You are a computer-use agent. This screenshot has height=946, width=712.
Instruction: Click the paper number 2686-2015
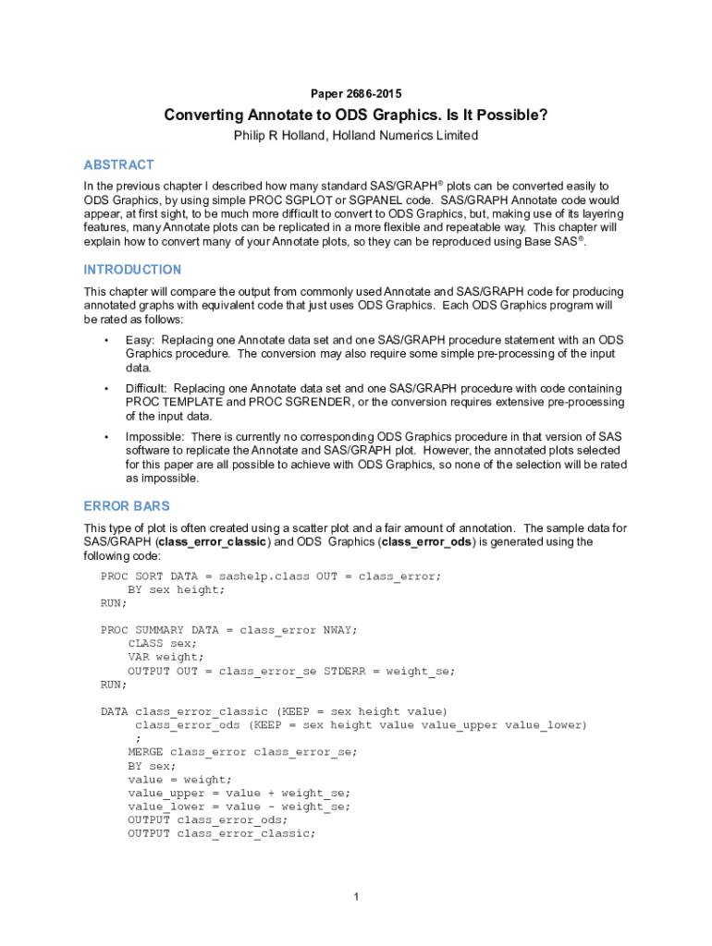click(375, 93)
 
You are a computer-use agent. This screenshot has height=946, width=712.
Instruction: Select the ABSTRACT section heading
click(118, 164)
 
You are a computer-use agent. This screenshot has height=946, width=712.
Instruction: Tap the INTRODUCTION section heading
click(132, 270)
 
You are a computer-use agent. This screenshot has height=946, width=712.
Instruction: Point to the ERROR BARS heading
click(126, 506)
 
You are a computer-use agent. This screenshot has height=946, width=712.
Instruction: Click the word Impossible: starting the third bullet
click(153, 437)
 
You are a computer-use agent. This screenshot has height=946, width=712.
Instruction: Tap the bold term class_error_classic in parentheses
click(214, 542)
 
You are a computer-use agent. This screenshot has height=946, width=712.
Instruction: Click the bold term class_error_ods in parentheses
click(425, 542)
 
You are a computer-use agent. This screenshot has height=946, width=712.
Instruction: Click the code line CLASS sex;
click(162, 643)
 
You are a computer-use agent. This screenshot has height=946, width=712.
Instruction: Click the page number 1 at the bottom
click(356, 896)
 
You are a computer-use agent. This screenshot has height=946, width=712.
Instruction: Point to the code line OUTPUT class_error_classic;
click(221, 833)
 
